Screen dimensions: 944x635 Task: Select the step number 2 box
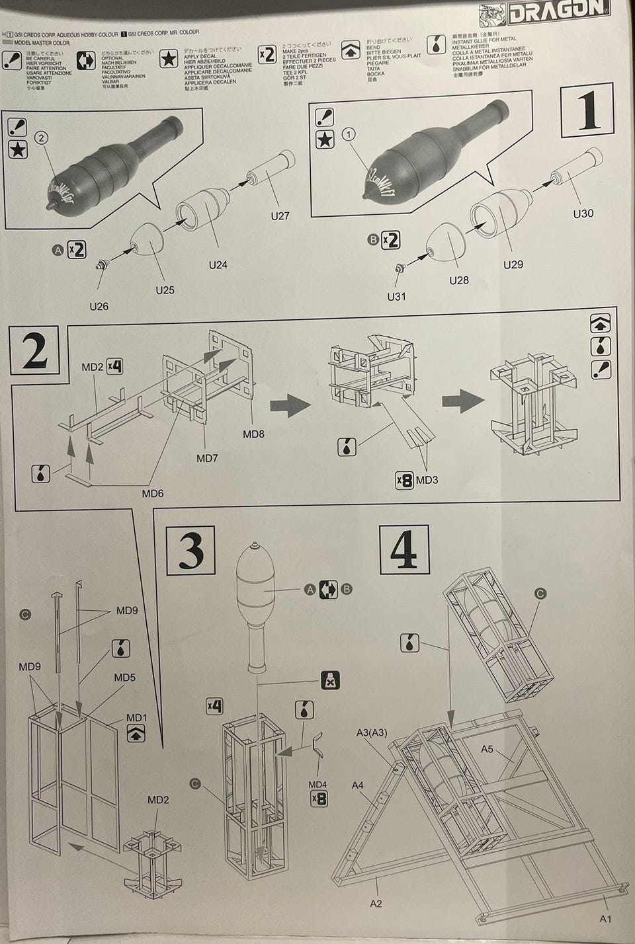tap(35, 352)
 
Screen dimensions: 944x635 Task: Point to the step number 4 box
tap(404, 551)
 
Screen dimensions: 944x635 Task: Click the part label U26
tap(99, 306)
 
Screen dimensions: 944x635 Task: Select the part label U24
tap(218, 265)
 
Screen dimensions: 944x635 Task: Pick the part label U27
tap(280, 216)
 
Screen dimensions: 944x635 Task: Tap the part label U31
tap(396, 297)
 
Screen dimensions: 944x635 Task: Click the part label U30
tap(583, 214)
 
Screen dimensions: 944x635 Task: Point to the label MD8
tap(253, 434)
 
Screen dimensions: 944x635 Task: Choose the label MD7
tap(207, 457)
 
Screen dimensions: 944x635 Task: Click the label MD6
tap(152, 493)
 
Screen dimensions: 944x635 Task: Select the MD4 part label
tap(318, 785)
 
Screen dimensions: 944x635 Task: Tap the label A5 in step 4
tap(487, 749)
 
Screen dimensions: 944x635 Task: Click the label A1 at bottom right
tap(606, 919)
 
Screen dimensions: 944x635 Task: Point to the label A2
tap(376, 903)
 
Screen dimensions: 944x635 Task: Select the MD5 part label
tap(125, 677)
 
